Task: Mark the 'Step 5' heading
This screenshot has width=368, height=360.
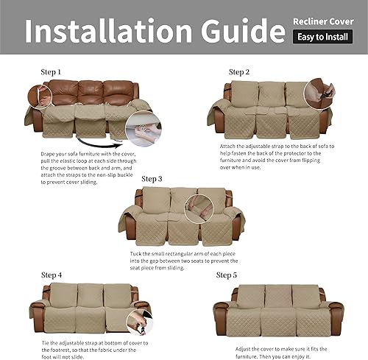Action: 229,275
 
